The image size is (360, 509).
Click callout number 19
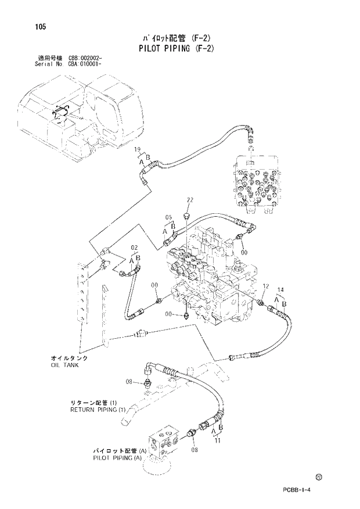[138, 150]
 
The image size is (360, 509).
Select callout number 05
[168, 218]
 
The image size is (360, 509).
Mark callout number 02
[134, 248]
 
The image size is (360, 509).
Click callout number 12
[266, 286]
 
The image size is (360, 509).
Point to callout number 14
[280, 289]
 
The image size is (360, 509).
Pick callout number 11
[218, 441]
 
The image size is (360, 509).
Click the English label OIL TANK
[64, 365]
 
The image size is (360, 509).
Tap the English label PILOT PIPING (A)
[117, 457]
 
